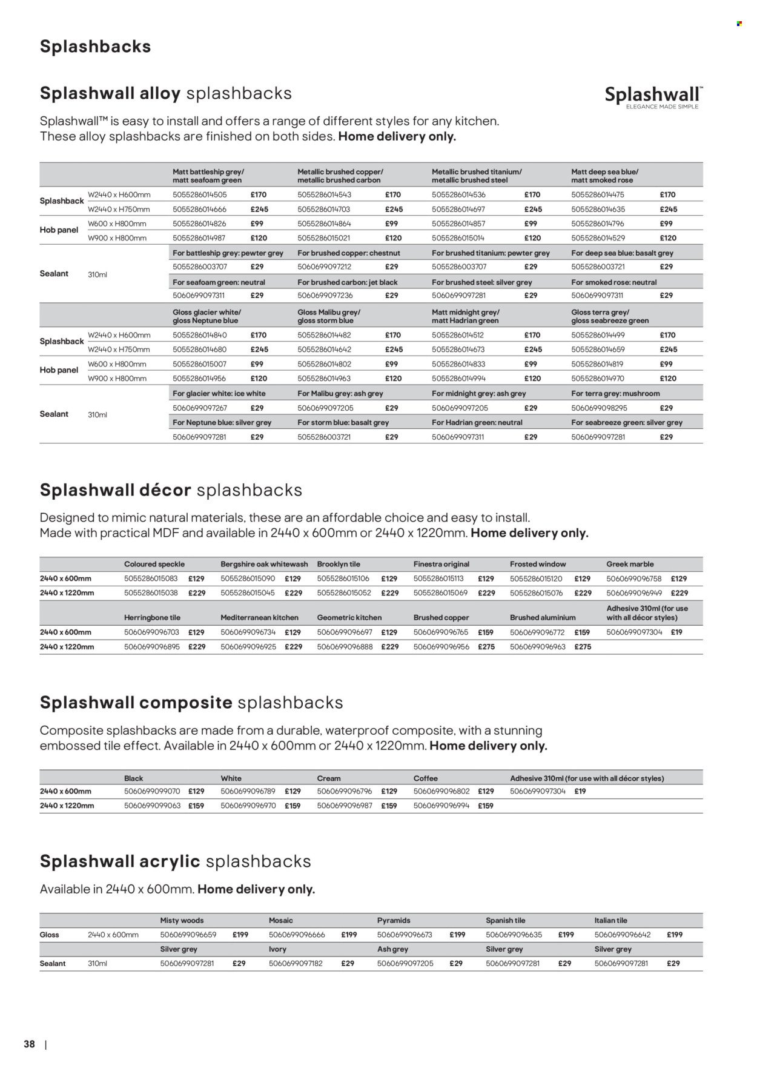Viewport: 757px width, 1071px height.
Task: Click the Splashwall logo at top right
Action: point(653,97)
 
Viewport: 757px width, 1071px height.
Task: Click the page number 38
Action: point(29,1044)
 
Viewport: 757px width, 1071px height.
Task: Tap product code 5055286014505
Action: point(199,195)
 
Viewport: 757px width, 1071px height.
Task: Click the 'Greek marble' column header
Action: point(630,564)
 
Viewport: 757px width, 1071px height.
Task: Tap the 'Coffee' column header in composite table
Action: point(425,778)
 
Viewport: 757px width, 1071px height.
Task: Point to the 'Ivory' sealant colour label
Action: point(277,949)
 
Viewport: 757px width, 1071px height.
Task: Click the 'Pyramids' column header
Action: point(394,920)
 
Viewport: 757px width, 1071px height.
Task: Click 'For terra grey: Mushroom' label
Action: point(615,394)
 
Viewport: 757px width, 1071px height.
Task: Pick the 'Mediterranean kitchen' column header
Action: point(259,617)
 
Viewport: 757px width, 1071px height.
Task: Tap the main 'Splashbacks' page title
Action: point(95,47)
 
